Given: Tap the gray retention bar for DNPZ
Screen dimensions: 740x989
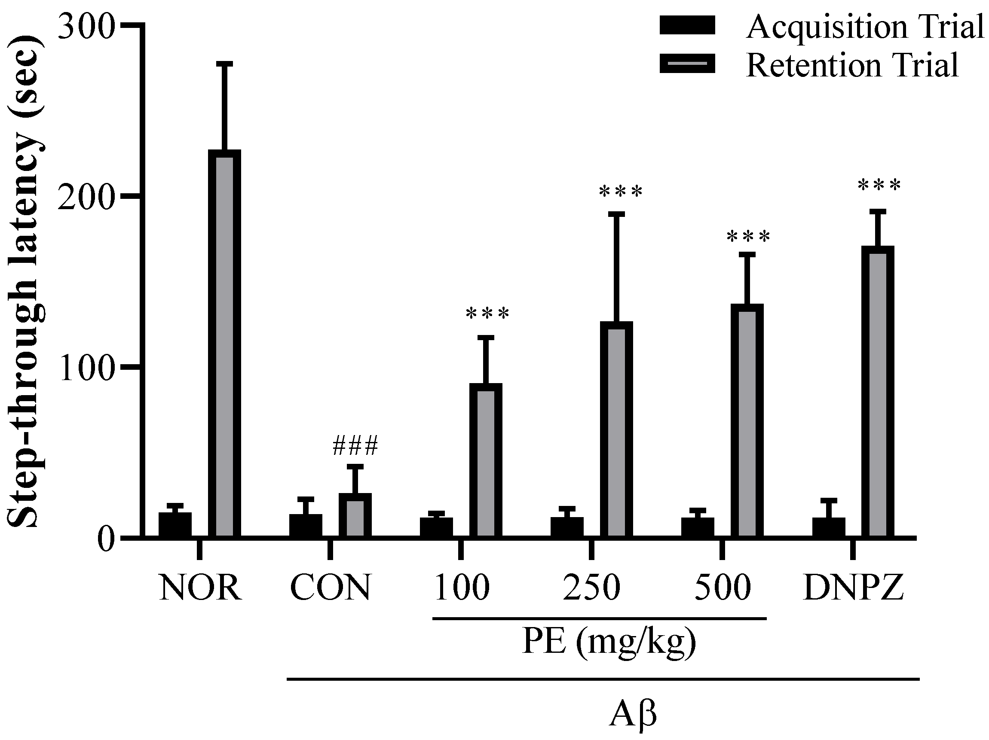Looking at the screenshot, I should point(878,392).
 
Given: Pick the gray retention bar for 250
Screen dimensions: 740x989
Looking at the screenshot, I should point(616,429).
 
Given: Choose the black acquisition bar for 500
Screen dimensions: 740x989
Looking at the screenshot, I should point(698,527).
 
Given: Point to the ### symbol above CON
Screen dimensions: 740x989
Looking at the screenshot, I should point(355,446).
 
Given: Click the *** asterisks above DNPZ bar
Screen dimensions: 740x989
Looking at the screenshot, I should point(879,186).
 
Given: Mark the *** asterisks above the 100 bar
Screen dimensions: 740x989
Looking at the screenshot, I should point(487,314).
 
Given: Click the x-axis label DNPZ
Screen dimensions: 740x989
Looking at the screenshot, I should point(853,588).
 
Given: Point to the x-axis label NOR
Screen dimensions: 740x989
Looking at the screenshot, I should point(200,588).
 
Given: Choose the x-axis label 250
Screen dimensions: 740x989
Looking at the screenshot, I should point(591,588).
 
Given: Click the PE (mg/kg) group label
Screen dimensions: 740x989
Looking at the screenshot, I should point(609,644).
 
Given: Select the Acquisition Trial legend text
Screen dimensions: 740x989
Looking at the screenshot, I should point(865,27).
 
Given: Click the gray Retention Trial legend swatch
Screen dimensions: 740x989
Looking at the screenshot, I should point(687,64).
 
